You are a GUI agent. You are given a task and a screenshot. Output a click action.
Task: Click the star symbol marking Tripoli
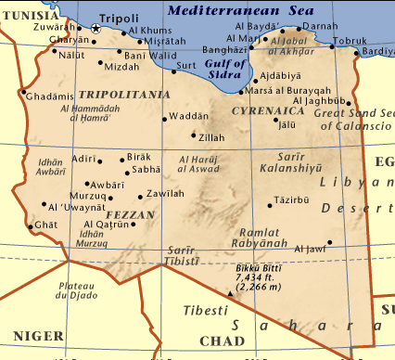point(96,29)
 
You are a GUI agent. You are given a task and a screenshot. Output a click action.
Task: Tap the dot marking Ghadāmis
point(21,92)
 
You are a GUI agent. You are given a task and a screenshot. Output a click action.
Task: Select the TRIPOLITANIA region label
point(118,95)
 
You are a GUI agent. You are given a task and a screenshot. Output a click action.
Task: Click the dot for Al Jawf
point(329,243)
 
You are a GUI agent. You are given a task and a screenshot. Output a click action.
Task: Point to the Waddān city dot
point(165,118)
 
